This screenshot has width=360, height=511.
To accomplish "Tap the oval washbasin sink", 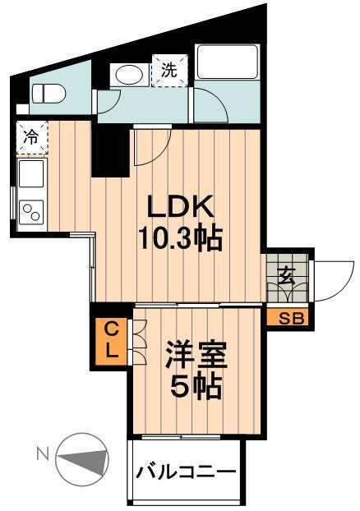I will pyautogui.click(x=130, y=75).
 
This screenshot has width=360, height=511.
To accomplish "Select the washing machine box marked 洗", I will pyautogui.click(x=168, y=70).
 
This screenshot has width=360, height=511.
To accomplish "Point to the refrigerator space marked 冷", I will pyautogui.click(x=30, y=138).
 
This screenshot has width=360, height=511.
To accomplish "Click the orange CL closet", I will pyautogui.click(x=110, y=338).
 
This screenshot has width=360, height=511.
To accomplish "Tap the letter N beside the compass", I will pyautogui.click(x=40, y=452).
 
